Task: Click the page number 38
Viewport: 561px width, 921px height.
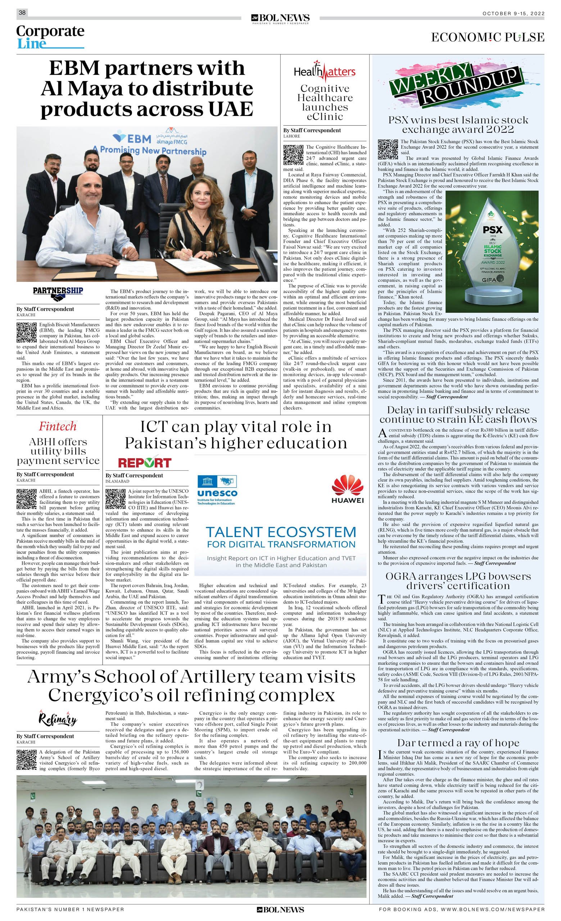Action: point(22,13)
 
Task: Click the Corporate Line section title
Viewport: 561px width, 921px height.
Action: point(50,37)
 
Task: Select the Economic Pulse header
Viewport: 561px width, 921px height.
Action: point(487,37)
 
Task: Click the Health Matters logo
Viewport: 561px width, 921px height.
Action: point(324,71)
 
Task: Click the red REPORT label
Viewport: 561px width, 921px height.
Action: point(145,463)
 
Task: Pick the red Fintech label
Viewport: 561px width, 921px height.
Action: point(58,426)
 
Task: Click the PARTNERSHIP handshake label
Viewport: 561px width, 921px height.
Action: point(58,294)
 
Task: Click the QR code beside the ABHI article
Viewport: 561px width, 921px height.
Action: point(27,498)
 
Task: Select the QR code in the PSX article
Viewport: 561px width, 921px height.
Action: point(388,149)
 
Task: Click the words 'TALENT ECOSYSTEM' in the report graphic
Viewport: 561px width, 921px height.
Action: point(281,532)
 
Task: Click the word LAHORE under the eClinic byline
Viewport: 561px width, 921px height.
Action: point(291,136)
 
